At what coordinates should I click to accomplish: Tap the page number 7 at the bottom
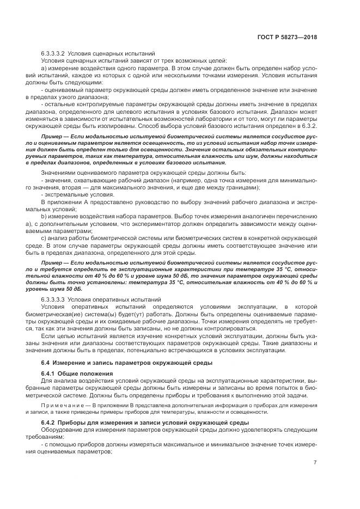pos(315,463)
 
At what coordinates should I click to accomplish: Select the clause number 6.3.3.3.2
pos(53,53)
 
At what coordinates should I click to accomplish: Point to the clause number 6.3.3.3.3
pos(53,299)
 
